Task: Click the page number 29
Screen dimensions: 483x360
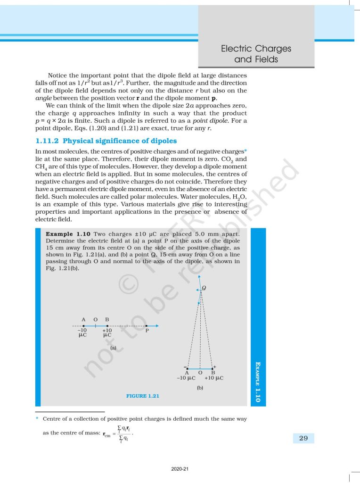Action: pos(303,438)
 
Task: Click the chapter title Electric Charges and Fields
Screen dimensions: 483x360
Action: pos(256,54)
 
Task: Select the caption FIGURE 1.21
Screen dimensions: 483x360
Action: pos(142,396)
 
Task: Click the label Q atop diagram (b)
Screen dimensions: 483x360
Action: pos(204,288)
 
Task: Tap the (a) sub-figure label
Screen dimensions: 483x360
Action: pos(113,348)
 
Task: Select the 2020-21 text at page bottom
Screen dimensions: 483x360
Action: pos(180,469)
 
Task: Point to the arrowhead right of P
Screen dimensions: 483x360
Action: pos(156,325)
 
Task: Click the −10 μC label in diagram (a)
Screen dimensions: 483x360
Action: pos(83,333)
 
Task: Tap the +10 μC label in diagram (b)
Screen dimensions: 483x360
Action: pos(214,378)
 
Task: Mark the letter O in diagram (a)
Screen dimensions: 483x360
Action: pos(95,319)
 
